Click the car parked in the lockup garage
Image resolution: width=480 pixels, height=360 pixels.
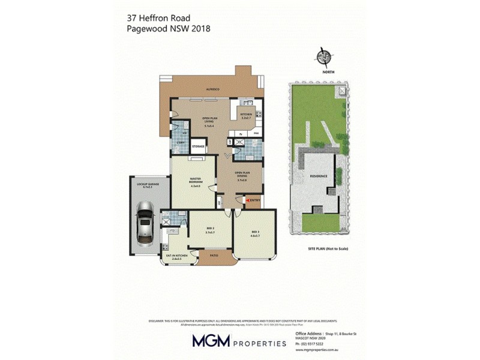click(145, 223)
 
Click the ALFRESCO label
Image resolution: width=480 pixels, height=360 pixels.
click(213, 89)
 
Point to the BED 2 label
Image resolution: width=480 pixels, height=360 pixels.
click(209, 230)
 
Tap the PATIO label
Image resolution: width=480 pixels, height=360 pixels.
click(214, 256)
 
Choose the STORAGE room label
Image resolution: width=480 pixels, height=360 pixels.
click(198, 146)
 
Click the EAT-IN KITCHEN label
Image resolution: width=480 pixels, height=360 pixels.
click(176, 257)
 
